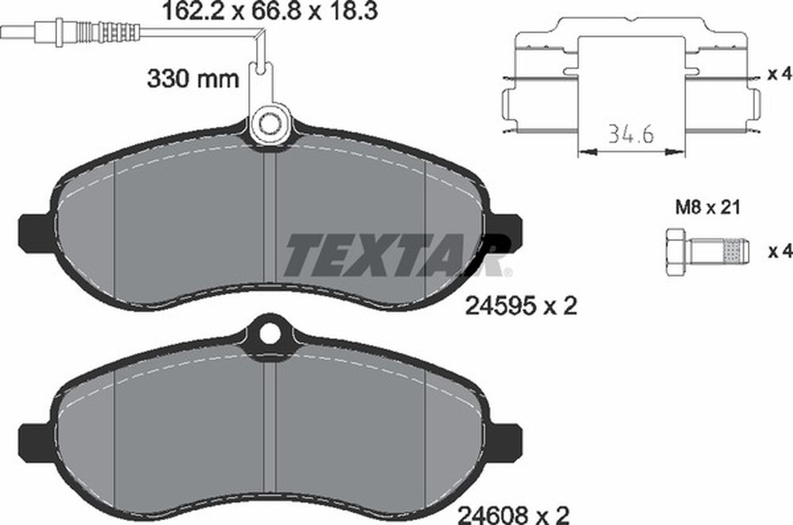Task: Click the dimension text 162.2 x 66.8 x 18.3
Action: (270, 11)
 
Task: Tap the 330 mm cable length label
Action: (193, 79)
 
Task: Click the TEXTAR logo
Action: (397, 255)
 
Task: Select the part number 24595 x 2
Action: (520, 306)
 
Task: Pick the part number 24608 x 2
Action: (513, 515)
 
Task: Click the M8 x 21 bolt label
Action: (707, 207)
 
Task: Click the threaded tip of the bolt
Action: (737, 251)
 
